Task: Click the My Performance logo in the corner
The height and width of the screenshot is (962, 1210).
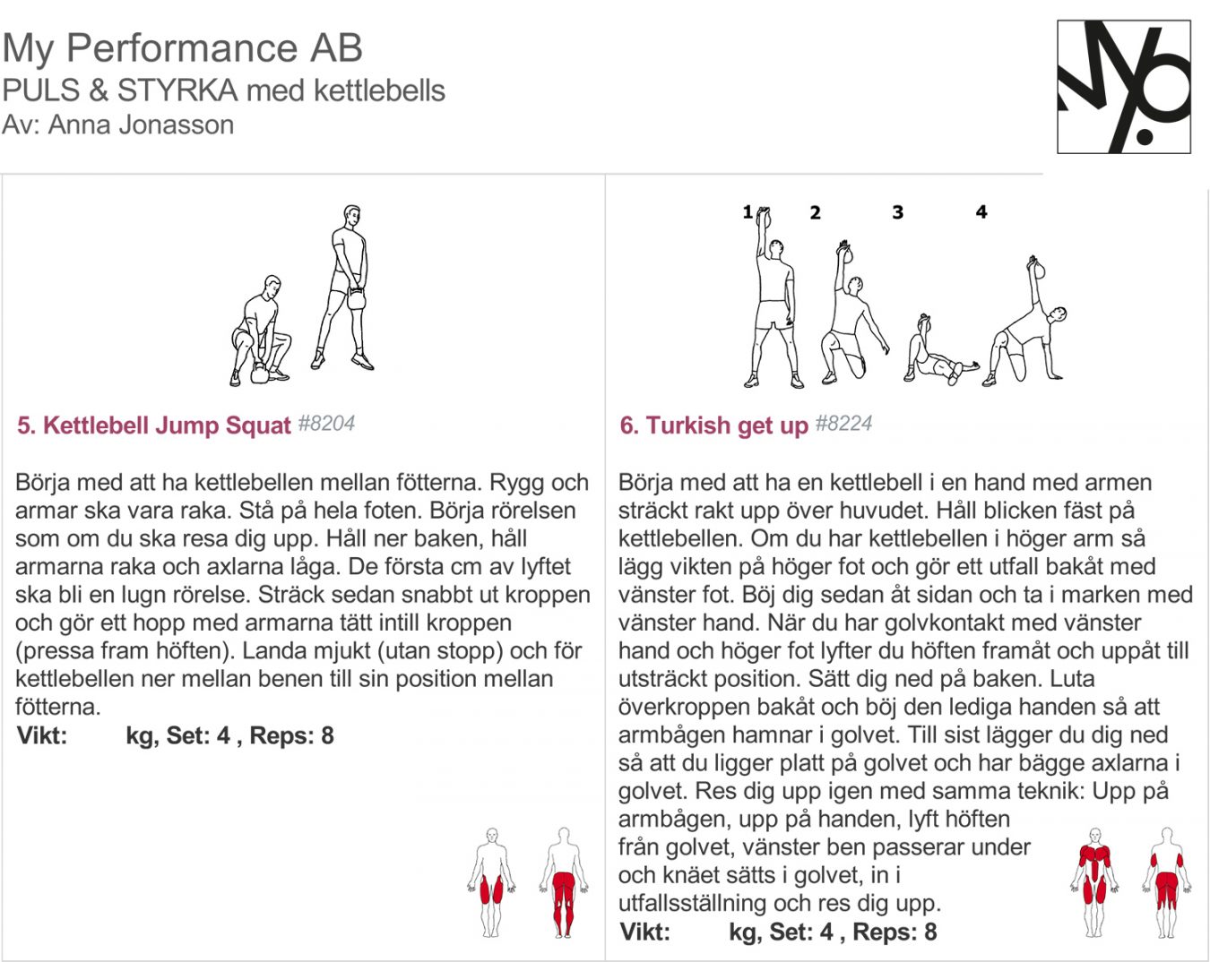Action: tap(1124, 87)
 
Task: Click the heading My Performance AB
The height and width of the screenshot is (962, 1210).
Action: tap(182, 48)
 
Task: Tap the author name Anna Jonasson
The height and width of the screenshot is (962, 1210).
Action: tap(141, 125)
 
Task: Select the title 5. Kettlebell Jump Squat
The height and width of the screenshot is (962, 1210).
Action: tap(153, 425)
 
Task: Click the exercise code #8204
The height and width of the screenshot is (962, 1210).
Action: tap(326, 424)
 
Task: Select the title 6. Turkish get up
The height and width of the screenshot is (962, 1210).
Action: tap(713, 425)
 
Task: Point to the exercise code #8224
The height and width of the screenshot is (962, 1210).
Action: tap(843, 424)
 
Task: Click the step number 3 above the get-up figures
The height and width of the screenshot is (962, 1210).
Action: tap(897, 212)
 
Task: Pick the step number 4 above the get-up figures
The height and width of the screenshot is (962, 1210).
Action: tap(981, 212)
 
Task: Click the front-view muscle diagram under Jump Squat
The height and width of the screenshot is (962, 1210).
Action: tap(490, 882)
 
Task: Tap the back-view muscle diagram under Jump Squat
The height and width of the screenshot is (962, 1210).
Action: tap(563, 882)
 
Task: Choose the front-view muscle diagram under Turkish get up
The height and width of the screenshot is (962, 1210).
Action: tap(1093, 882)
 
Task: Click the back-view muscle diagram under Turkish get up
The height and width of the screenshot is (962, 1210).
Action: tap(1166, 882)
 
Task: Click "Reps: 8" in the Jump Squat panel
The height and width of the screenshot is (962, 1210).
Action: tap(291, 736)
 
